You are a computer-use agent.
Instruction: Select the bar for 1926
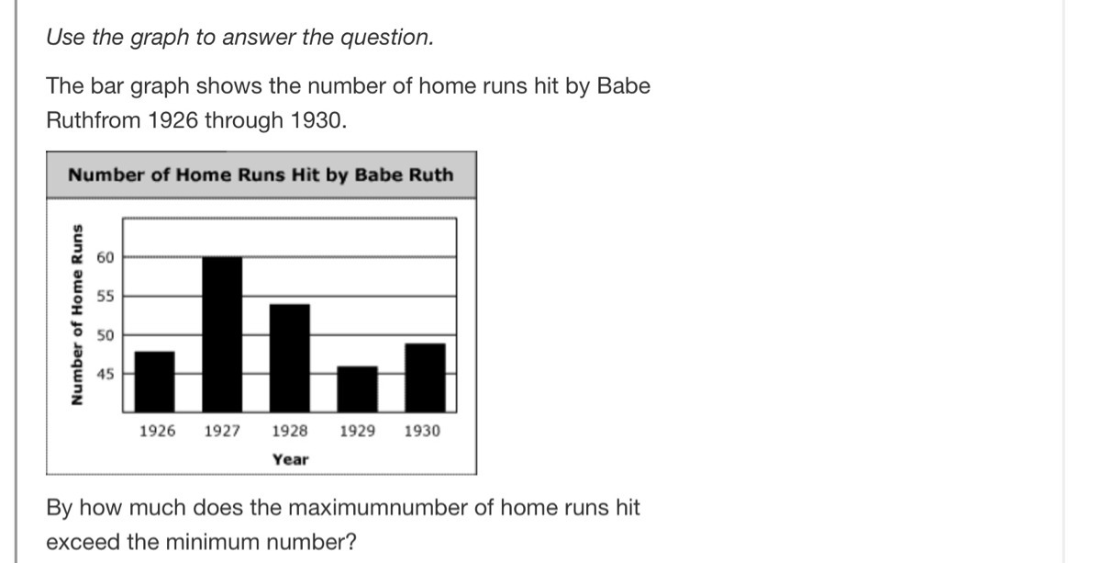click(x=155, y=381)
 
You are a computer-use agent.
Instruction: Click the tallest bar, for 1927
click(x=222, y=334)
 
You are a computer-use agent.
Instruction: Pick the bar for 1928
click(x=290, y=358)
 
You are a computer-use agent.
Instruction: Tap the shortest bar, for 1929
click(x=357, y=388)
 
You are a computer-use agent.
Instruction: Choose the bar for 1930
click(x=425, y=377)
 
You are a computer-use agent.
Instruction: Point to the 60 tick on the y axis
click(x=106, y=257)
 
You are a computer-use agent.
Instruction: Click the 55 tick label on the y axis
click(x=106, y=297)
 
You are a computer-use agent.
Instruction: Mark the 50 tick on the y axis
click(x=106, y=335)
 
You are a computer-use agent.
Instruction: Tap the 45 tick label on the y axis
click(x=106, y=374)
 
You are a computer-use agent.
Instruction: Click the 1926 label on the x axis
click(x=157, y=431)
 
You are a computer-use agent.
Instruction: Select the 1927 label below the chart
click(x=222, y=431)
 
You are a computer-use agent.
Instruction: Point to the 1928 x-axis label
click(x=290, y=431)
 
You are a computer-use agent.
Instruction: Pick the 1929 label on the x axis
click(x=357, y=431)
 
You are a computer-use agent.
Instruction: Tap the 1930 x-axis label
click(x=422, y=431)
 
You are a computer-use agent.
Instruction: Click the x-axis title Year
click(x=291, y=459)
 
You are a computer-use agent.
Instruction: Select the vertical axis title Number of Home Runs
click(x=77, y=315)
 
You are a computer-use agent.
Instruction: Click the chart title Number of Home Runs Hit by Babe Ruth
click(x=261, y=175)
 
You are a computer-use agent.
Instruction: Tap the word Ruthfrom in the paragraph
click(x=94, y=120)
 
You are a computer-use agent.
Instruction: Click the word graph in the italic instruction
click(x=160, y=38)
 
